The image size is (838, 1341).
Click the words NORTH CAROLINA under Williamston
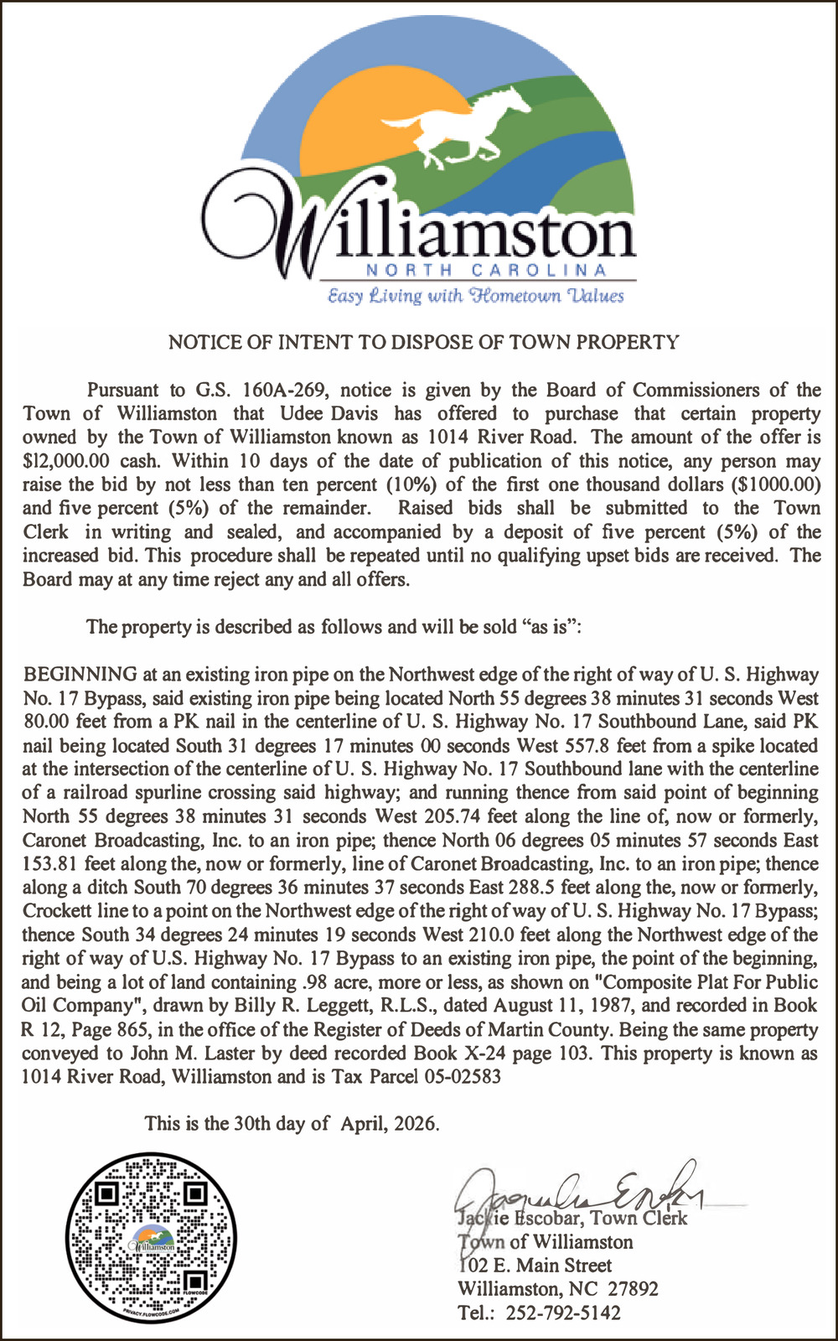(486, 270)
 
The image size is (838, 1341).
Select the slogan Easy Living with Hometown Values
(475, 296)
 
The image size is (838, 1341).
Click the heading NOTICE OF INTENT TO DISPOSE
(423, 342)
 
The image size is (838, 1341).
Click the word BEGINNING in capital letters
(80, 674)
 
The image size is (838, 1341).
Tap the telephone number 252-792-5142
(563, 1313)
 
